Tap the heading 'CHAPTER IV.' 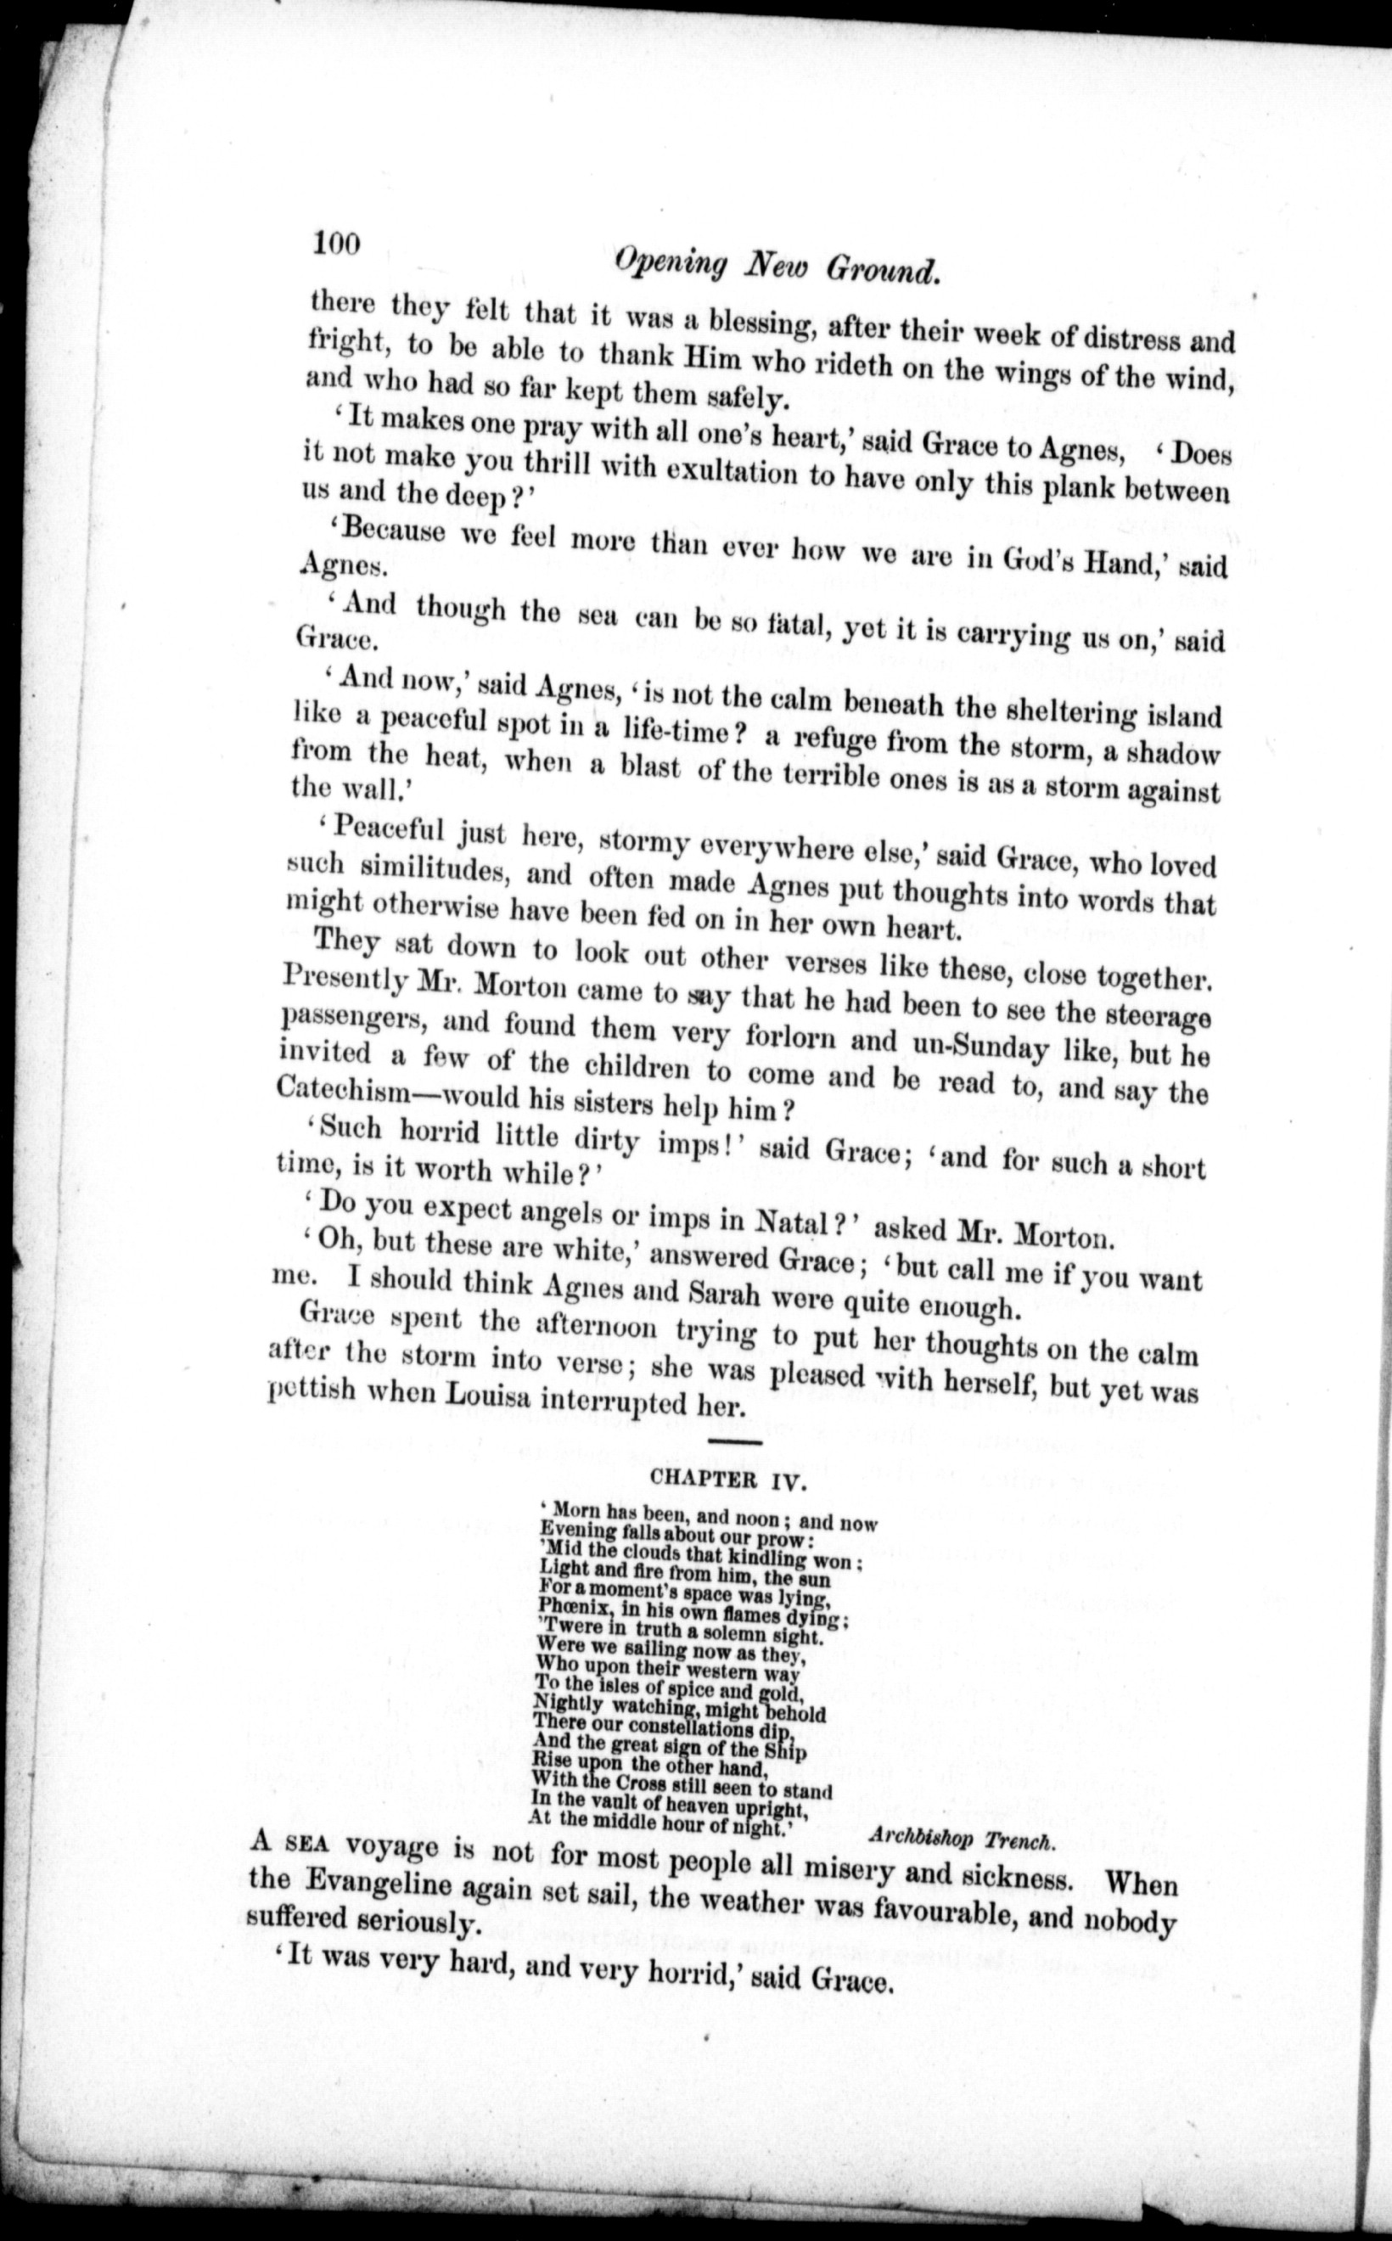click(716, 1479)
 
